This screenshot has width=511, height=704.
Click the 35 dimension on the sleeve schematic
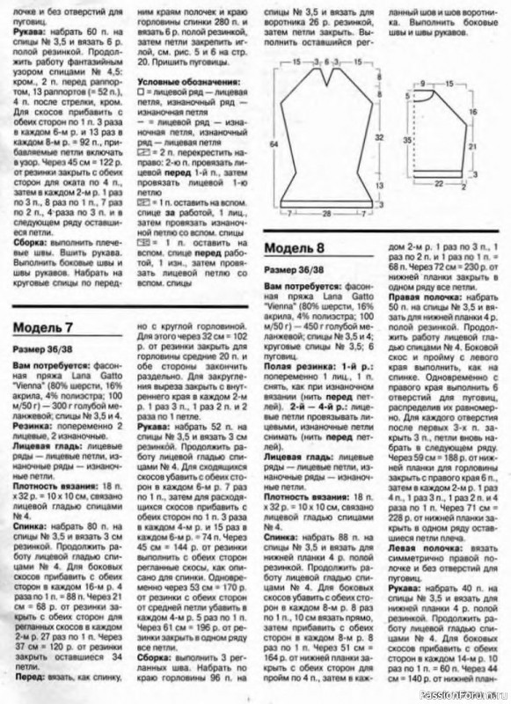pyautogui.click(x=407, y=139)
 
